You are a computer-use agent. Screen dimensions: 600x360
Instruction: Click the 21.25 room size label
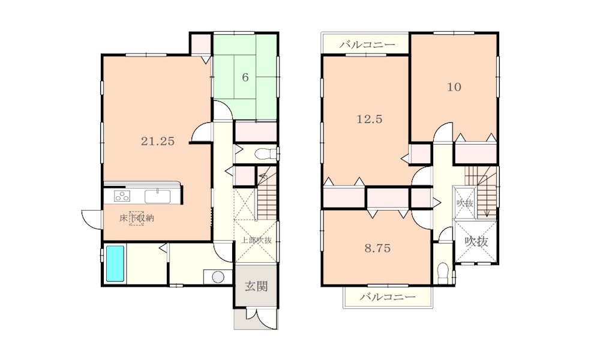click(158, 141)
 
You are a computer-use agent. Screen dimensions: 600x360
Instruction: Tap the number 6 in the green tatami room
click(245, 77)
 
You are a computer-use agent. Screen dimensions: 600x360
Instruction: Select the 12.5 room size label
click(370, 119)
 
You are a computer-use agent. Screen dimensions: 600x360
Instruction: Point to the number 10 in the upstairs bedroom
click(454, 87)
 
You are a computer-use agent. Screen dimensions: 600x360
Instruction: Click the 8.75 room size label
click(377, 248)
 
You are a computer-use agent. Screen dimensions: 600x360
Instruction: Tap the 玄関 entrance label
click(256, 286)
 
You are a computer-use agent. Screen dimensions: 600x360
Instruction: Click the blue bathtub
click(115, 263)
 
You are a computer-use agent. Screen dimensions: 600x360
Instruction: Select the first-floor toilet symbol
click(266, 154)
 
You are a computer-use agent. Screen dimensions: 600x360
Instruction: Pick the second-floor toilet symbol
click(443, 273)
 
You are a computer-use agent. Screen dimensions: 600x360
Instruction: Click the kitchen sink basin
click(158, 197)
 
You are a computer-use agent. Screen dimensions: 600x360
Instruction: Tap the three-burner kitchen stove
click(122, 196)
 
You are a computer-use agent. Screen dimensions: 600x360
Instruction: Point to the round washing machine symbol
click(218, 277)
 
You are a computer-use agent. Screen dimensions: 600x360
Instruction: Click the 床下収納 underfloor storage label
click(137, 218)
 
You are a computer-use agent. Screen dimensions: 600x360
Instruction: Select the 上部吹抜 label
click(256, 241)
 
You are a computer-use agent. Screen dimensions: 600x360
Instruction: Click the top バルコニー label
click(367, 45)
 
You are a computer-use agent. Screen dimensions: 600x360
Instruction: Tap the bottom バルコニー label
click(388, 297)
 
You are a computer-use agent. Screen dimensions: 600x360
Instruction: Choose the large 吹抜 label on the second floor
click(476, 241)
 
